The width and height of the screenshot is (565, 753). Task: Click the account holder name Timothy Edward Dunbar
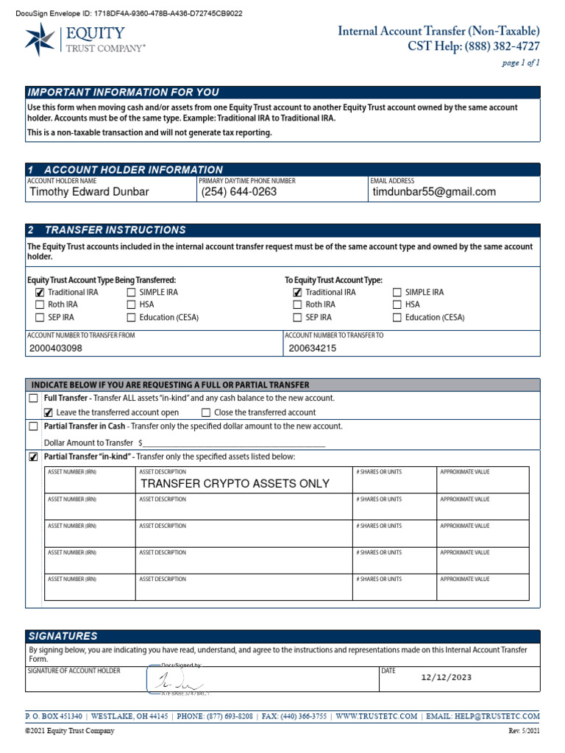click(88, 192)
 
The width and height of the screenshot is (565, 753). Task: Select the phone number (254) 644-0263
click(239, 192)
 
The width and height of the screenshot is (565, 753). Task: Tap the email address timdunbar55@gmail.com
click(434, 192)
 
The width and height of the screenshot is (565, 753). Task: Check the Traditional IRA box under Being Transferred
click(40, 293)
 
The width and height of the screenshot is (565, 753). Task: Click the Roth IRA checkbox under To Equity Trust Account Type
click(297, 305)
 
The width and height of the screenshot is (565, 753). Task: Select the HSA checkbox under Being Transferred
click(131, 305)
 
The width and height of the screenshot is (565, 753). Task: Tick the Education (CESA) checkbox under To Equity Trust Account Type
click(397, 318)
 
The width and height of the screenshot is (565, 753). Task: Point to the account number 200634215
click(313, 349)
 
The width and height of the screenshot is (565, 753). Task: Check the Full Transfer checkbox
click(33, 399)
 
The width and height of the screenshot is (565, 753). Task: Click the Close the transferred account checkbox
click(206, 413)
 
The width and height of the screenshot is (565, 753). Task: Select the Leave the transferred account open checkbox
click(49, 413)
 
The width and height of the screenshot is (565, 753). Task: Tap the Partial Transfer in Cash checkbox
click(33, 427)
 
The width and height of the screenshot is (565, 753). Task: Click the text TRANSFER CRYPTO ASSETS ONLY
click(235, 484)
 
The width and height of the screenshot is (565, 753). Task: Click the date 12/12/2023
click(447, 678)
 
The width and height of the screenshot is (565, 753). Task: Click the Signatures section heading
click(63, 636)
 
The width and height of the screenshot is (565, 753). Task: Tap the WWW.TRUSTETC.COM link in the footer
click(377, 716)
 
